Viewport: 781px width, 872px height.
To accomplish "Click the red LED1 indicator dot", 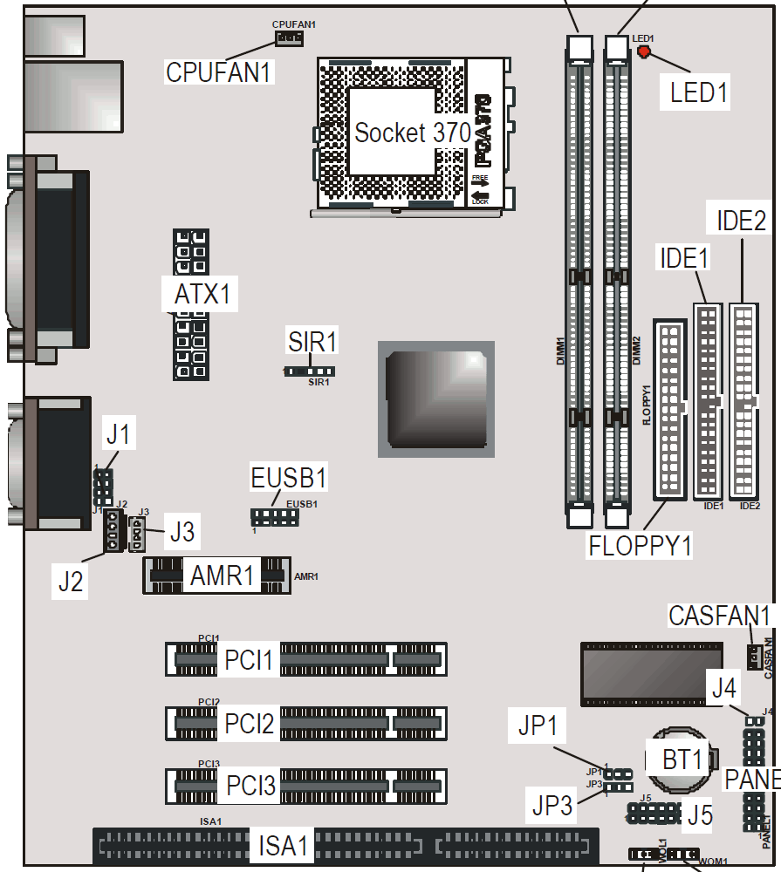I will pyautogui.click(x=644, y=51).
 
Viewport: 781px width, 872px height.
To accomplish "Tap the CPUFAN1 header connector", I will pyautogui.click(x=288, y=38).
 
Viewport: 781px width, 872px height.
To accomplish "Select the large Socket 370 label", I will pyautogui.click(x=412, y=133).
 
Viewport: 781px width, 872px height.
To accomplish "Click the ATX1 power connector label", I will pyautogui.click(x=202, y=295).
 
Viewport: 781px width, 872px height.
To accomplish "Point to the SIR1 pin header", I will pyautogui.click(x=311, y=371).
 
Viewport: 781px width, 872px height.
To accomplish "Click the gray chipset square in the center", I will pyautogui.click(x=435, y=399).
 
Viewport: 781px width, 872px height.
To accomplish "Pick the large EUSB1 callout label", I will pyautogui.click(x=288, y=479).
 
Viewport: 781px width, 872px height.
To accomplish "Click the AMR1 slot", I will pyautogui.click(x=215, y=576).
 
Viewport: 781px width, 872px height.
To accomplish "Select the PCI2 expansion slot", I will pyautogui.click(x=305, y=723).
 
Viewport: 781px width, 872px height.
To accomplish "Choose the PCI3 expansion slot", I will pyautogui.click(x=305, y=786).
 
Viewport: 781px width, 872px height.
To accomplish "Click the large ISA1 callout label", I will pyautogui.click(x=283, y=845).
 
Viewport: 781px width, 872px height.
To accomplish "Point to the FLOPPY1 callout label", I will pyautogui.click(x=641, y=546).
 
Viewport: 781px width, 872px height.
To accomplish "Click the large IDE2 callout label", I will pyautogui.click(x=741, y=221).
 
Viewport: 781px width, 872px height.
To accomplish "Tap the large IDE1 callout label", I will pyautogui.click(x=684, y=258).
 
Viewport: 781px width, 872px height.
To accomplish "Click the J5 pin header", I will pyautogui.click(x=653, y=814).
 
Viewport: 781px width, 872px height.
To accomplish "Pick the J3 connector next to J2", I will pyautogui.click(x=138, y=533).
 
